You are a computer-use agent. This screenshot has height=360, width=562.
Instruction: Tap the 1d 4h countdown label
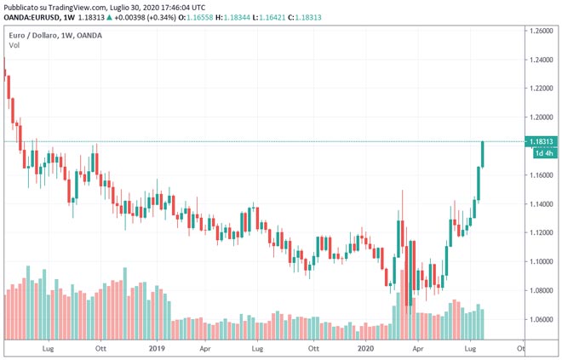click(x=542, y=153)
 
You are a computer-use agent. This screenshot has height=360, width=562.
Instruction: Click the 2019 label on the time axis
click(x=157, y=348)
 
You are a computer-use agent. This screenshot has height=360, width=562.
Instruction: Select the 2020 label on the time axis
click(x=365, y=348)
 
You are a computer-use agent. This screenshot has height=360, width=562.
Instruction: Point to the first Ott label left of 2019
click(x=100, y=348)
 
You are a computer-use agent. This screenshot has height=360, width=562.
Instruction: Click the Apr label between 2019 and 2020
click(x=205, y=348)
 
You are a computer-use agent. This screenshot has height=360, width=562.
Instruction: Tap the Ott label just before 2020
click(x=313, y=348)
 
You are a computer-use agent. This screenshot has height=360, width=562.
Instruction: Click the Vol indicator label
click(x=14, y=45)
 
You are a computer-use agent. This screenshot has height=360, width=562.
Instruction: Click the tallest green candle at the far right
click(x=483, y=154)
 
